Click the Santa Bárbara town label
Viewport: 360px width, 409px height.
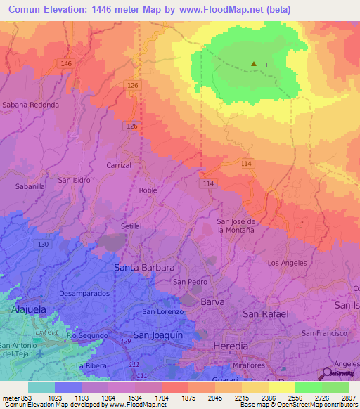coord(144,268)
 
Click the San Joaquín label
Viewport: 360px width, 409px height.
coord(158,335)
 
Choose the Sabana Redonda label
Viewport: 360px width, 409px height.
coord(30,104)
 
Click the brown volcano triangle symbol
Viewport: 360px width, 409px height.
coord(254,65)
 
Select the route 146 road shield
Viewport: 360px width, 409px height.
coord(67,64)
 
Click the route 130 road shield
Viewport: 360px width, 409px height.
coord(44,244)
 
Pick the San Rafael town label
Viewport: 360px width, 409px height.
coord(265,313)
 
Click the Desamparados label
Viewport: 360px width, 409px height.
coord(84,292)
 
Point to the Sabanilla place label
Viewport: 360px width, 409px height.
coord(30,187)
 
